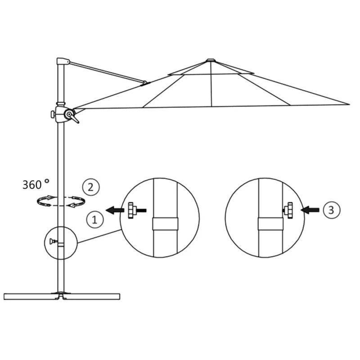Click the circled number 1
pos(94,220)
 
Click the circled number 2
pos(90,186)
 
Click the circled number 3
pos(331,209)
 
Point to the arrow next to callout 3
pos(310,209)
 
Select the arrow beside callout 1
pos(115,210)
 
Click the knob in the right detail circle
pos(288,209)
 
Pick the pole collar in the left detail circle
pos(165,224)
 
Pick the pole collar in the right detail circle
pos(270,224)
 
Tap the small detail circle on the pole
pos(60,243)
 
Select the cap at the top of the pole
pos(63,61)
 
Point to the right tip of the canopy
pos(349,104)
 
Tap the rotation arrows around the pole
pos(61,201)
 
